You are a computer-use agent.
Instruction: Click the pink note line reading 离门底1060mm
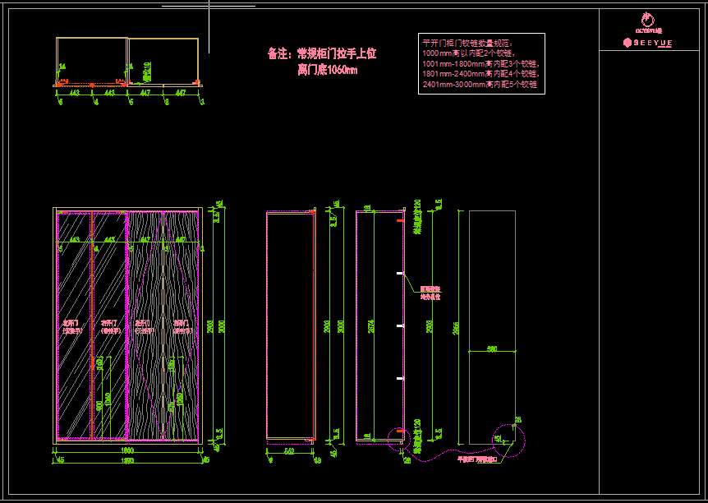pos(327,71)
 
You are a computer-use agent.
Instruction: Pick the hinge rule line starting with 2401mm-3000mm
pos(479,84)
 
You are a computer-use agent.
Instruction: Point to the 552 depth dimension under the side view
pos(288,451)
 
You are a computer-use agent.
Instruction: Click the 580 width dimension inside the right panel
pos(492,349)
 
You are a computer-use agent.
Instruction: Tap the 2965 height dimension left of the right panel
pos(457,327)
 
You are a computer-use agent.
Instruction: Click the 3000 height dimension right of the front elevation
pos(219,326)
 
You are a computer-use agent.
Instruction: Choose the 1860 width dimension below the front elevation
pos(127,450)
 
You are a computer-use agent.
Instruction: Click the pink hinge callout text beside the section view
pos(430,293)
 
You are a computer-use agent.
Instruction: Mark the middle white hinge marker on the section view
pos(400,326)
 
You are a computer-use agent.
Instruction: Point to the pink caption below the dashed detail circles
pos(477,460)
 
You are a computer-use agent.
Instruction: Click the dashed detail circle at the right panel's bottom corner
pos(508,441)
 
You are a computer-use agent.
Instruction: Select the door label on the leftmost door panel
pos(71,326)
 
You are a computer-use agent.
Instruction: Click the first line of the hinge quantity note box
pos(467,42)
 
